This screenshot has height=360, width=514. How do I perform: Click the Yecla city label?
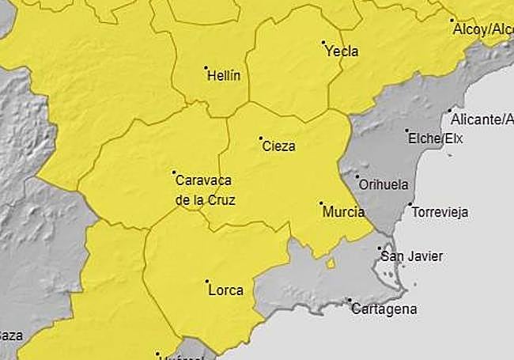(342, 51)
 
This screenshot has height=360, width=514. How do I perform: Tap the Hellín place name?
(223, 77)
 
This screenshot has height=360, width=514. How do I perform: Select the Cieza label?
(278, 146)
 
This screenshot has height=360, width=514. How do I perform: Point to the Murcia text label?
(344, 212)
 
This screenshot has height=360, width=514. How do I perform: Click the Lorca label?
(225, 290)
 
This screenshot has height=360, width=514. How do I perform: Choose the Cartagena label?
(384, 309)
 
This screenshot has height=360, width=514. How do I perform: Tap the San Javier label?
(411, 256)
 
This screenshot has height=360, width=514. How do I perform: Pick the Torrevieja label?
(440, 212)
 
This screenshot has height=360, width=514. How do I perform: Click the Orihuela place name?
(384, 184)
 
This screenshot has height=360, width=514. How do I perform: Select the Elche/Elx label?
(435, 138)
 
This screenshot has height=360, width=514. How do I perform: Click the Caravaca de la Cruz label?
(205, 190)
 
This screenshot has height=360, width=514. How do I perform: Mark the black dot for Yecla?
(323, 42)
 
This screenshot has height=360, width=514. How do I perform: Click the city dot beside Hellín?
(206, 68)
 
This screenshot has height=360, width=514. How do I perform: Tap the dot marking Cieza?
(260, 138)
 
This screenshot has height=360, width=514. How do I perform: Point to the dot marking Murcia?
(321, 203)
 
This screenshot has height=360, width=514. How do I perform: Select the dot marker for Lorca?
(206, 281)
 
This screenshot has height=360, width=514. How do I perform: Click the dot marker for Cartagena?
(349, 300)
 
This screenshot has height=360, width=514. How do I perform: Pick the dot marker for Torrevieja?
(410, 204)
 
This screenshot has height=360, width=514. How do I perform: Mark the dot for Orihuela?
(357, 176)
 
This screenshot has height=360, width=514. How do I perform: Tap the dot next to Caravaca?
(174, 172)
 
